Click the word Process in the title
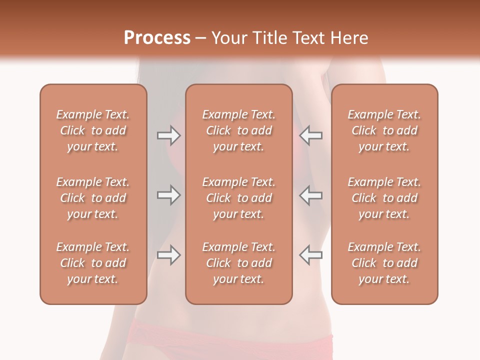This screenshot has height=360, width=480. click(157, 37)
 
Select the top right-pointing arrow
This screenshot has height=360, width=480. click(168, 135)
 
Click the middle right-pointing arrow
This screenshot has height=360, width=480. click(168, 195)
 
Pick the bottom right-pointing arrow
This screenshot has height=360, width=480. click(168, 255)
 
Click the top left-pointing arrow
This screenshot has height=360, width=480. click(311, 135)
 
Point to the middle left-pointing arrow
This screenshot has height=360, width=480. click(311, 195)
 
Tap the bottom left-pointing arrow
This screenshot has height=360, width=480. click(311, 255)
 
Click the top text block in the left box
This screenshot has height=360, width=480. click(93, 130)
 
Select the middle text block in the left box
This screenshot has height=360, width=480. click(93, 198)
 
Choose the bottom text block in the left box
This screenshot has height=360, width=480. click(93, 263)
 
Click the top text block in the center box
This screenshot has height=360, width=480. click(238, 130)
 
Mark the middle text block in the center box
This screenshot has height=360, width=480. click(238, 198)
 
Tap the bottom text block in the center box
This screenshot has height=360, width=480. click(238, 263)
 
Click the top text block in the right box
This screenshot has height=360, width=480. click(384, 130)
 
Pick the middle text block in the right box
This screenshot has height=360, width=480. click(384, 198)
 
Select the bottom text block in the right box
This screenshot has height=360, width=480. click(384, 263)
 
